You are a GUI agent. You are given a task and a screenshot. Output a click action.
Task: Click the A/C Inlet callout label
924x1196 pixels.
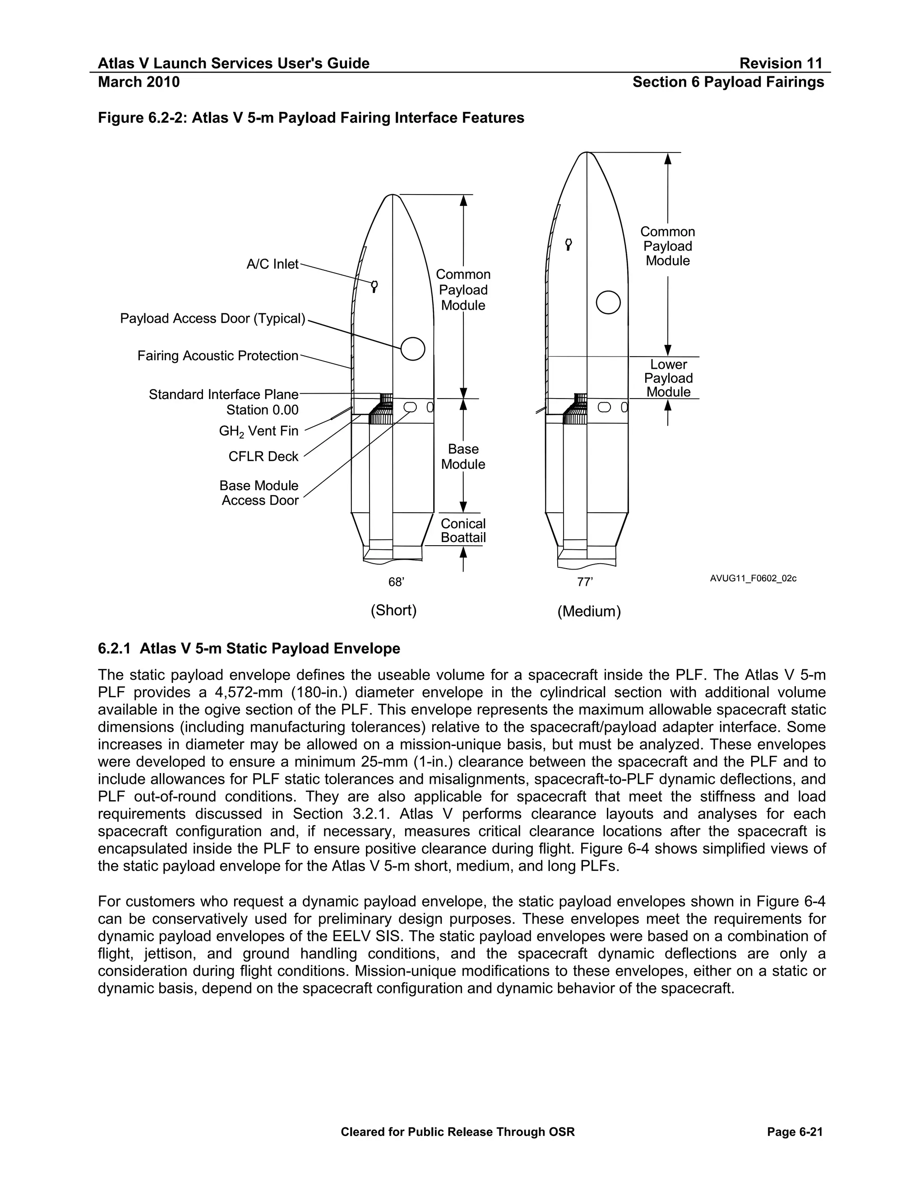273,264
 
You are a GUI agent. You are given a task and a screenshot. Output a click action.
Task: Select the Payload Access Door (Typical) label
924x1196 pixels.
213,319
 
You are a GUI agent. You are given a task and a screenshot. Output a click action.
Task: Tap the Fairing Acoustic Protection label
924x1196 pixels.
218,356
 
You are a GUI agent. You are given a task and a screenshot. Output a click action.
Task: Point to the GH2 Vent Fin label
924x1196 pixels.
259,431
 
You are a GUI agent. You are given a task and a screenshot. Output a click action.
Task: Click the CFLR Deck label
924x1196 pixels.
263,457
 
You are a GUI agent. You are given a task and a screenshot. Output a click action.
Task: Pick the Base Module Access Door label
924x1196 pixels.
259,493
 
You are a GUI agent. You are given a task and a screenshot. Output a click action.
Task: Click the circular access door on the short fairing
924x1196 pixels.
413,349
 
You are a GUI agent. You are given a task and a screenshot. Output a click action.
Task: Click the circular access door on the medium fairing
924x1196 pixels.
608,302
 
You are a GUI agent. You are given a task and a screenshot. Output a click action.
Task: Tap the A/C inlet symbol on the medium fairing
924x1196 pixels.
569,244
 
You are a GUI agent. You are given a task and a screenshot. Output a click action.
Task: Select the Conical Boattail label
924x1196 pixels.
463,531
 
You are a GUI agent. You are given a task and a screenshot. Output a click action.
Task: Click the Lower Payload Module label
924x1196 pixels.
668,378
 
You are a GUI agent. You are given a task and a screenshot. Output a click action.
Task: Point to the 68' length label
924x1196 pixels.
396,582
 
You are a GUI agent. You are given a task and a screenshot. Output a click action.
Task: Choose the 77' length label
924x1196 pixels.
585,582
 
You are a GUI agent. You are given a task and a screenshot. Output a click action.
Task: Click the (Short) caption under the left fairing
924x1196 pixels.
393,610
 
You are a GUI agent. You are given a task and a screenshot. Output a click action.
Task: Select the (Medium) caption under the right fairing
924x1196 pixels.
589,611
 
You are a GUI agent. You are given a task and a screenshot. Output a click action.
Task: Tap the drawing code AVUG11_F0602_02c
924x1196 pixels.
753,578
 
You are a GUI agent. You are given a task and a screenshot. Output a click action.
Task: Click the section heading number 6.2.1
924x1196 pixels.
114,649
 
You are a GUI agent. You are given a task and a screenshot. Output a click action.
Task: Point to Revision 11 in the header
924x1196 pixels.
781,64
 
